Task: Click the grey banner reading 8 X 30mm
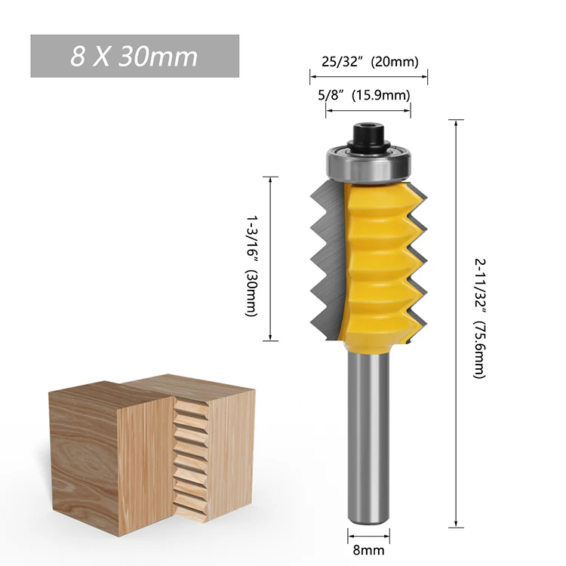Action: coord(134,56)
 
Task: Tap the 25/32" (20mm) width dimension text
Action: coord(368,62)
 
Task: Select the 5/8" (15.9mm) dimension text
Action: coord(368,95)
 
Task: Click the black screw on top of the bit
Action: coord(368,136)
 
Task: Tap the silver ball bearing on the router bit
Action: coord(368,163)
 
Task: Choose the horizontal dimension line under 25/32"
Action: coord(368,75)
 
